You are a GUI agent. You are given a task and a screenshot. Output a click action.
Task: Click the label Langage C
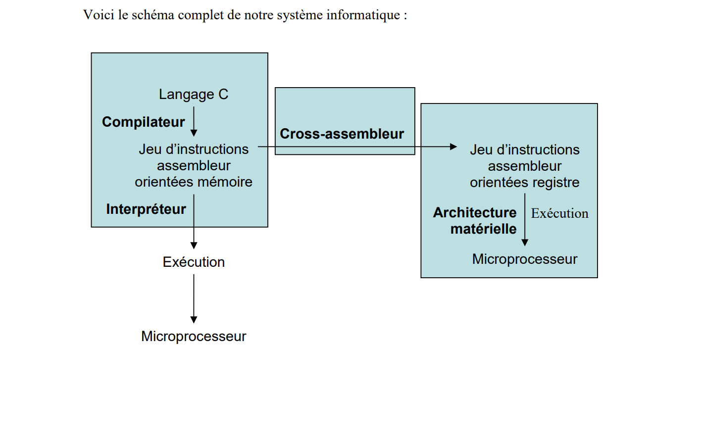tap(193, 94)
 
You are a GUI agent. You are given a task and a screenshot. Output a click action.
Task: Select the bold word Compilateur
tap(143, 122)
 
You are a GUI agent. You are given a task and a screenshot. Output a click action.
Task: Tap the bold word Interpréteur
tap(146, 209)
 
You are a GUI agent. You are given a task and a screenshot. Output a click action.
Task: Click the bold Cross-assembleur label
tap(342, 134)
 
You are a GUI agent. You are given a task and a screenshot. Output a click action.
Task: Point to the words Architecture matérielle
tap(475, 220)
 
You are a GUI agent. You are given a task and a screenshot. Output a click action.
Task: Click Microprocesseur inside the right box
tap(524, 259)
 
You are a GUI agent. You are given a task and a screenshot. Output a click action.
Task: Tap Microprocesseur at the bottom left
tap(194, 336)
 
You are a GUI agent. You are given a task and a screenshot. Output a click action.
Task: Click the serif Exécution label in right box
tap(559, 213)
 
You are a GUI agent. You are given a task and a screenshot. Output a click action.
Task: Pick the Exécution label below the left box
tap(194, 262)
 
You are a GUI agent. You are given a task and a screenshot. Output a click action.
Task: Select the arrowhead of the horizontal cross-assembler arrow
tap(453, 147)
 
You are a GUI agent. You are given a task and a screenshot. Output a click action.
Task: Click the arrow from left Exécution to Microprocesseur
tap(194, 297)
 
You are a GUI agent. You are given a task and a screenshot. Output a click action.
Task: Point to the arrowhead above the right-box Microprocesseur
tap(525, 242)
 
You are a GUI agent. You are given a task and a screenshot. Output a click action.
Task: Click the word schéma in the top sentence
tap(153, 15)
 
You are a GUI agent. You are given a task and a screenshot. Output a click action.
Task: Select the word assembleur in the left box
tap(194, 165)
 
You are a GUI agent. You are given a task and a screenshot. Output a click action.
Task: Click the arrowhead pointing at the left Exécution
tap(194, 245)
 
